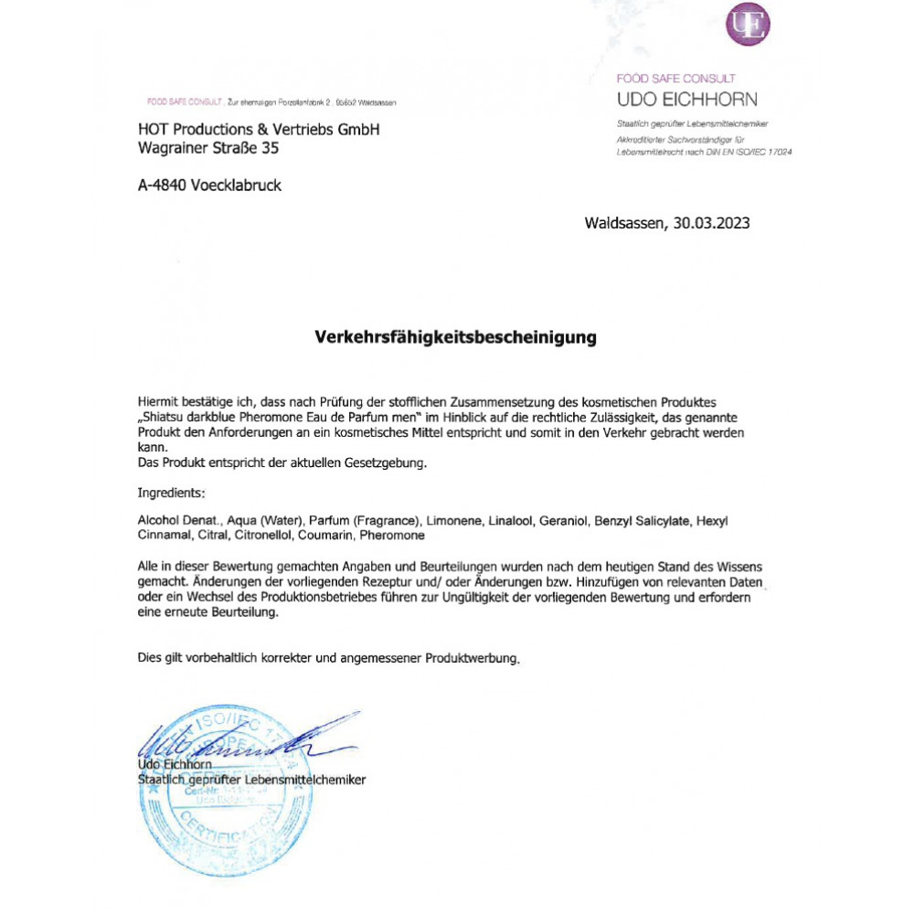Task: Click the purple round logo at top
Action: (x=747, y=26)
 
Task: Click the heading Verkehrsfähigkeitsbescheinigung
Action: (x=455, y=337)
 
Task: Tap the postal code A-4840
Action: (x=162, y=186)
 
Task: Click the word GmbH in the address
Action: (x=358, y=129)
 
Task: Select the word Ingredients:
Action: (x=171, y=493)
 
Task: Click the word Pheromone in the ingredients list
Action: (x=392, y=535)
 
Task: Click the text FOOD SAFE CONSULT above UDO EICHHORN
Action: (x=675, y=79)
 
